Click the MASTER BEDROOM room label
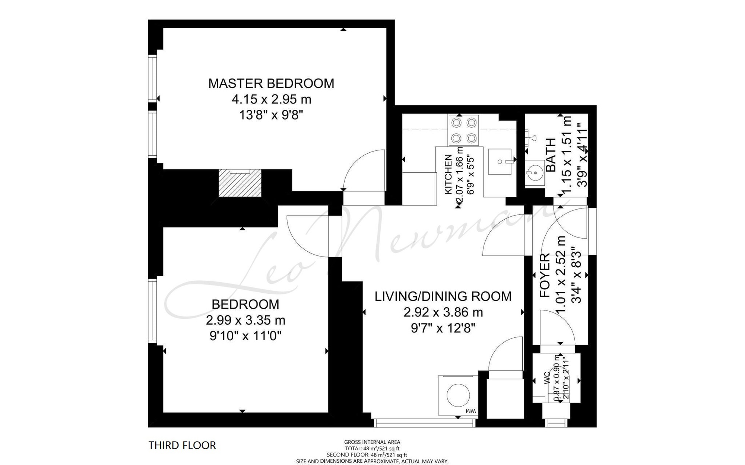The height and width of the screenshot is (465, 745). click(x=271, y=83)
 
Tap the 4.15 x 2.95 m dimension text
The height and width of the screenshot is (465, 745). click(x=272, y=99)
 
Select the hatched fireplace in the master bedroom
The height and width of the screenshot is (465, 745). click(x=240, y=183)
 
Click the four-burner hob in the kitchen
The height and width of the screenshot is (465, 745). click(x=464, y=130)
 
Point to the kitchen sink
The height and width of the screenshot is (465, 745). click(x=500, y=162)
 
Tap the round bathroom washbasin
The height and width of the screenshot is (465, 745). click(x=535, y=173)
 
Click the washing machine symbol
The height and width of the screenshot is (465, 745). click(x=458, y=395)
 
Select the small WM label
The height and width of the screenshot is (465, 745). click(x=471, y=411)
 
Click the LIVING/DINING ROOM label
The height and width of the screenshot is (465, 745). click(x=443, y=296)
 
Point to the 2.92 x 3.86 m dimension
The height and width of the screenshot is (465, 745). click(x=443, y=312)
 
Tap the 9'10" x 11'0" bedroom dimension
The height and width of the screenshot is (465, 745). click(x=245, y=336)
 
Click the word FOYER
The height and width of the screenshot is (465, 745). click(x=545, y=276)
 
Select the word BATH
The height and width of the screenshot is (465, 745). click(x=551, y=155)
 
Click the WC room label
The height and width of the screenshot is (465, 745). click(x=547, y=378)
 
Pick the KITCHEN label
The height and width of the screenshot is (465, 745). click(x=448, y=174)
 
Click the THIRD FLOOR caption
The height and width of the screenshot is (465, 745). click(x=182, y=445)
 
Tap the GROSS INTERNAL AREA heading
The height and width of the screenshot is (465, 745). click(x=372, y=442)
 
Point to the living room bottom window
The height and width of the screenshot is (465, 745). click(x=425, y=423)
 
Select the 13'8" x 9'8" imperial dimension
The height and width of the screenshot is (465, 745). click(x=271, y=115)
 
